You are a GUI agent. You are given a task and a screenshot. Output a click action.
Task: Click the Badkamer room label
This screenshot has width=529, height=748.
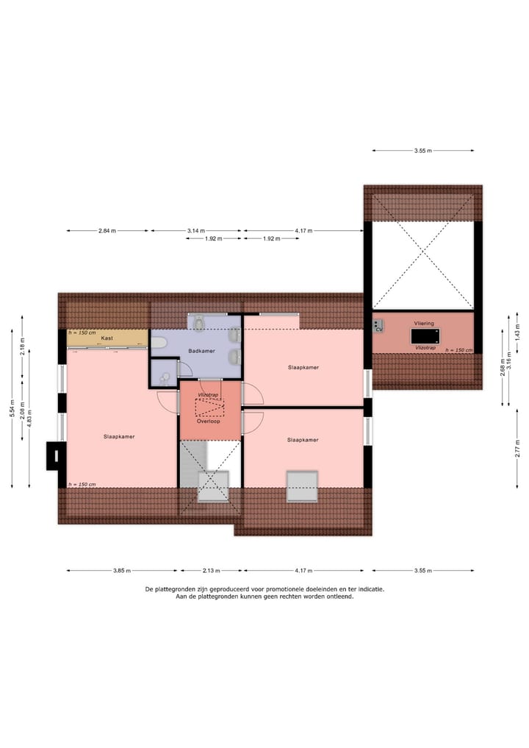click(x=201, y=351)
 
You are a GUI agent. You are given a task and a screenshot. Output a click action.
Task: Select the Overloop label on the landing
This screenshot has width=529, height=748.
click(x=210, y=422)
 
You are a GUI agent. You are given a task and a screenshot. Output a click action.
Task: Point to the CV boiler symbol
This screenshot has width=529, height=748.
click(x=378, y=326)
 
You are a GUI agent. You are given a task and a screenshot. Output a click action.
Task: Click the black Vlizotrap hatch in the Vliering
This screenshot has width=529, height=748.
click(x=425, y=335)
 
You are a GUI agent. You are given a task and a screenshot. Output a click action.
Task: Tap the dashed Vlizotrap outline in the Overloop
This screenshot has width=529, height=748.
click(x=210, y=405)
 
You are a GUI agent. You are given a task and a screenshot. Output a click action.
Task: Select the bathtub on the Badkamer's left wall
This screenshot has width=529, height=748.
click(x=159, y=342)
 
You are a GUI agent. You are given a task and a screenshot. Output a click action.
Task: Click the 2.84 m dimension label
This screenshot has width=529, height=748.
click(x=107, y=231)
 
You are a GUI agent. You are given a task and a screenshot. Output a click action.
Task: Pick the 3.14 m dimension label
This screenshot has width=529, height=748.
click(x=196, y=231)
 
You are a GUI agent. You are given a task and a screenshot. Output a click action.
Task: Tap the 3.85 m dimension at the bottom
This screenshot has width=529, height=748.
click(x=122, y=570)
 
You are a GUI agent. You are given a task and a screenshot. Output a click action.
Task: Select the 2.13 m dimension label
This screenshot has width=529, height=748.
click(x=211, y=570)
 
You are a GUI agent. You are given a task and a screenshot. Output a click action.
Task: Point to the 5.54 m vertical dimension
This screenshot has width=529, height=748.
click(x=12, y=408)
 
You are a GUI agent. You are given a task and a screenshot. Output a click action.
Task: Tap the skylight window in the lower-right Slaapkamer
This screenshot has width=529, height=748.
click(x=301, y=486)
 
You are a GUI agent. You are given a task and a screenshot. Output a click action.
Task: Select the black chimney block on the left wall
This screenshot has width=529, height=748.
click(x=53, y=455)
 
